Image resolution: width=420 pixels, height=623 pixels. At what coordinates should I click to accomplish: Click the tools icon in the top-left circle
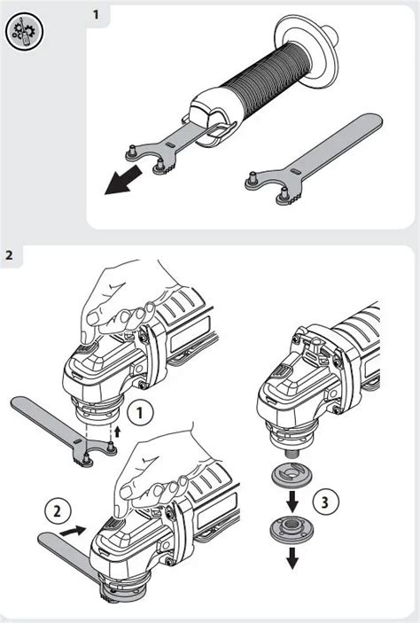(x=24, y=31)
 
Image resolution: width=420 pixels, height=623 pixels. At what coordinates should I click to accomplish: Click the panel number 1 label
(x=96, y=15)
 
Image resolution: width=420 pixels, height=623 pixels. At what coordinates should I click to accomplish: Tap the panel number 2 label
(x=9, y=254)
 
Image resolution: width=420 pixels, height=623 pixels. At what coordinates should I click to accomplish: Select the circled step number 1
(x=140, y=413)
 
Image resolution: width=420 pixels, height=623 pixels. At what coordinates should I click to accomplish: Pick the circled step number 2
(x=58, y=510)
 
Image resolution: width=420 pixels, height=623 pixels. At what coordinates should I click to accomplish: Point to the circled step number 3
(x=325, y=502)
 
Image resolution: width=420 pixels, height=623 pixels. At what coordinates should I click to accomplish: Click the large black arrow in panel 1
(x=123, y=180)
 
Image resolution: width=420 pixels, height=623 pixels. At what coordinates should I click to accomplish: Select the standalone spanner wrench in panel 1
(x=314, y=159)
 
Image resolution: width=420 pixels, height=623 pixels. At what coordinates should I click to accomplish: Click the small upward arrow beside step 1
(x=117, y=432)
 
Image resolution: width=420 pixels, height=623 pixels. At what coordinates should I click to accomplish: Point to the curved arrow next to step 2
(x=73, y=531)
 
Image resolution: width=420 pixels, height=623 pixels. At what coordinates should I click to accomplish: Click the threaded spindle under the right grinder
(x=292, y=453)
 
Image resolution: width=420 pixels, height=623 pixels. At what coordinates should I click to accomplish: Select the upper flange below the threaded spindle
(x=292, y=475)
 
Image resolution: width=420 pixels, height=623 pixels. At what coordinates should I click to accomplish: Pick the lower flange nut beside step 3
(x=292, y=530)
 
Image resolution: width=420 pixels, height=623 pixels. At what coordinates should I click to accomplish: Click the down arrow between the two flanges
(x=292, y=502)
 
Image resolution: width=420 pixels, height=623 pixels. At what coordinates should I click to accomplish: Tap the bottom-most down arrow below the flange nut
(x=292, y=557)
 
